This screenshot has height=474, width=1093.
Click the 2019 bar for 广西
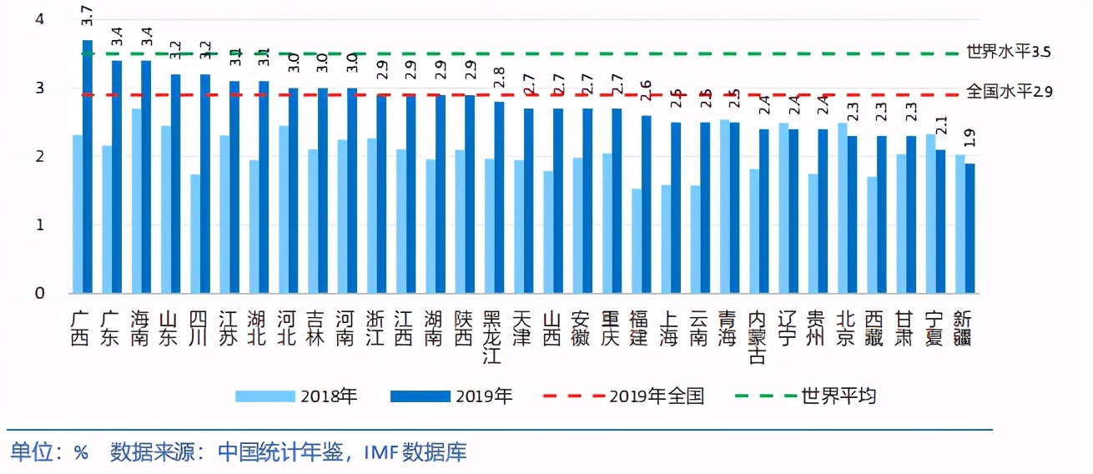[88, 167]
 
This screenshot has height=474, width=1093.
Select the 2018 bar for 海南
[136, 201]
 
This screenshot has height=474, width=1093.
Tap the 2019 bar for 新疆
[970, 229]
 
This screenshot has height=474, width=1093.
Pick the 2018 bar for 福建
[637, 241]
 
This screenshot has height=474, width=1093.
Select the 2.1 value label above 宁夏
[940, 127]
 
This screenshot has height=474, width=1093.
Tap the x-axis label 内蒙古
[758, 337]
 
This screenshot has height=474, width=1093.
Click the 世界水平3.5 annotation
[1008, 52]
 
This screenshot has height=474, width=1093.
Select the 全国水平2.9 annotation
[1008, 91]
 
